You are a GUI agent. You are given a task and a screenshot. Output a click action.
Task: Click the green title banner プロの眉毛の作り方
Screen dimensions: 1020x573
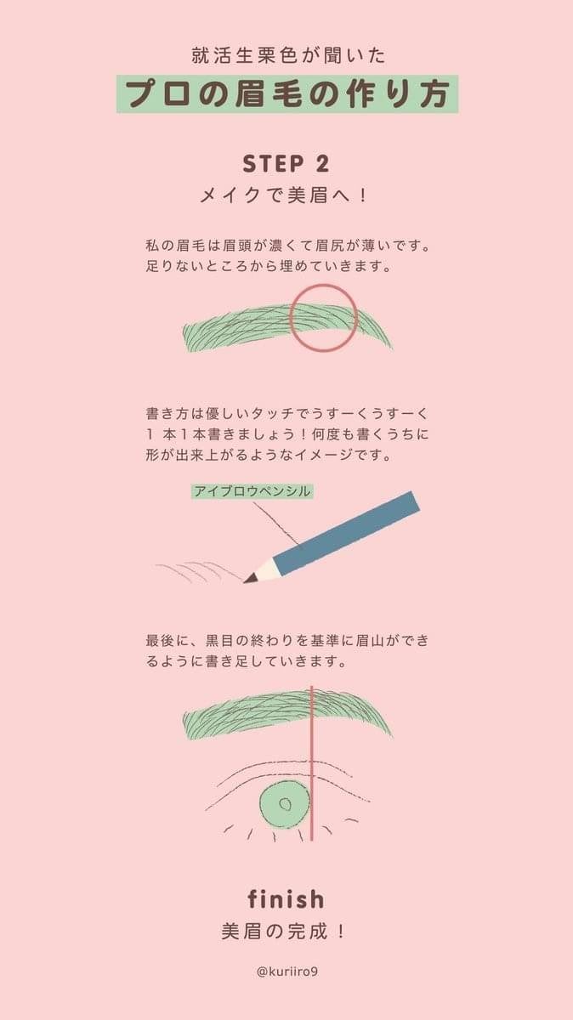point(286,93)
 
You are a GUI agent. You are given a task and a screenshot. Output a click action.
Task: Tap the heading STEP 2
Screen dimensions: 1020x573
point(286,164)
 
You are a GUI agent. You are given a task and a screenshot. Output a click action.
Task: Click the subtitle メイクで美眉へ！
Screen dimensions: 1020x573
point(286,195)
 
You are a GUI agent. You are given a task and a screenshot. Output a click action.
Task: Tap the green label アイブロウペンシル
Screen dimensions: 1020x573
point(252,491)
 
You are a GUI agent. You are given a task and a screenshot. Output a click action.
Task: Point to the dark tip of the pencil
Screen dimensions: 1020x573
point(249,579)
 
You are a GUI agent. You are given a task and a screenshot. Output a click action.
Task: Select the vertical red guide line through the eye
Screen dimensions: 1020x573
point(312,765)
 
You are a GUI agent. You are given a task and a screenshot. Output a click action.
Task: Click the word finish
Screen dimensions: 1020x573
point(286,898)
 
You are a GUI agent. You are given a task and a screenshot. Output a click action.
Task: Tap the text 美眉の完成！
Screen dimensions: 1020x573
point(286,931)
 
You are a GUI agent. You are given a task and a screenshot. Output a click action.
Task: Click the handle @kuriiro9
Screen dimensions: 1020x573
point(286,971)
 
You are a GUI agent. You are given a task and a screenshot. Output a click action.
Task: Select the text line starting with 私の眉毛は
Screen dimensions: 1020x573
point(286,246)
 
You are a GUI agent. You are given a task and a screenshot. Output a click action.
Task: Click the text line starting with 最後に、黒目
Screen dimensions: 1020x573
point(286,639)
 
